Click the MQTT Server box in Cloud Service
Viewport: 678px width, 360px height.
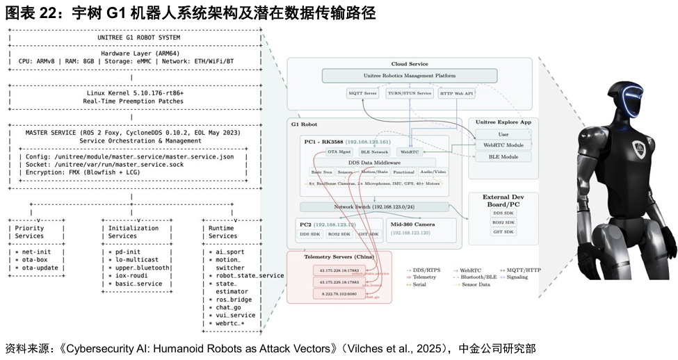point(362,93)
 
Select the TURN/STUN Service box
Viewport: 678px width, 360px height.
point(409,93)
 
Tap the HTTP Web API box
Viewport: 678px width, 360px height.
point(455,93)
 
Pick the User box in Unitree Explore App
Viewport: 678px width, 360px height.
point(503,134)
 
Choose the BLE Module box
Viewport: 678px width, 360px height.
point(503,157)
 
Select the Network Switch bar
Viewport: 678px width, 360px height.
point(374,206)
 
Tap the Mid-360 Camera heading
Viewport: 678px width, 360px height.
point(414,224)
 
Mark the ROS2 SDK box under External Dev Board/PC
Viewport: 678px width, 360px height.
point(503,222)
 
